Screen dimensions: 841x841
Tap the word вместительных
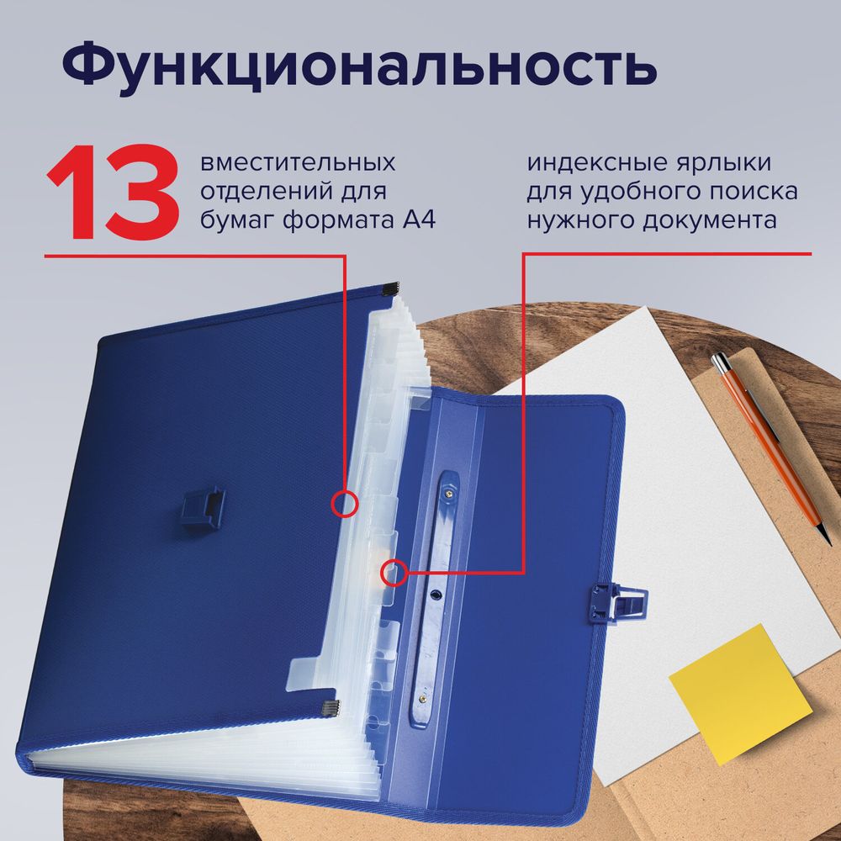[x=299, y=161]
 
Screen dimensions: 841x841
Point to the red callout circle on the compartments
[x=345, y=503]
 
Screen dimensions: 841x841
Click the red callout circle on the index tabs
[x=393, y=574]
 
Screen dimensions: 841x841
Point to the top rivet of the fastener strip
[x=445, y=497]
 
